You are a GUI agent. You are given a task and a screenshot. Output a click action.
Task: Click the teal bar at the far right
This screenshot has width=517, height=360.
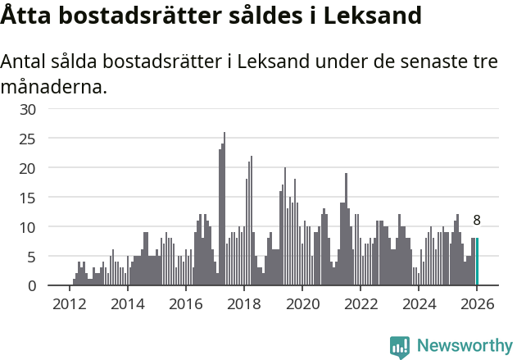(478, 262)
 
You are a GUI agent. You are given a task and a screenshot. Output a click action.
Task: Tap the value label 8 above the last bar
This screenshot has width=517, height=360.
(477, 220)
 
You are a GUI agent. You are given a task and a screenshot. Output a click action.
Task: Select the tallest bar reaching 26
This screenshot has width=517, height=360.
(224, 209)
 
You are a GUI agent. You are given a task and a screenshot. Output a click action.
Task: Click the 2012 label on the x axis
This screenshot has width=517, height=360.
(69, 304)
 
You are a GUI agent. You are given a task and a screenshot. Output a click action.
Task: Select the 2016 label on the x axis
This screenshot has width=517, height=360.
(185, 304)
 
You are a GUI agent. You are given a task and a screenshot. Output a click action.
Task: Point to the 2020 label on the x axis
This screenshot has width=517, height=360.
(302, 304)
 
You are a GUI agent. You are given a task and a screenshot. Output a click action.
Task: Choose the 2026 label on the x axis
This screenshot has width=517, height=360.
(477, 304)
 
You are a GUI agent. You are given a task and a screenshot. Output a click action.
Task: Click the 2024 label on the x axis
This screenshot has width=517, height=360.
(419, 304)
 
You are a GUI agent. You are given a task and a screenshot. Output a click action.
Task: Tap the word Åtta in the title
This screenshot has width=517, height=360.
(26, 16)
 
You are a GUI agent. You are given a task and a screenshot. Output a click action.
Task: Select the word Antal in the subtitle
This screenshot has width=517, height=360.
(25, 62)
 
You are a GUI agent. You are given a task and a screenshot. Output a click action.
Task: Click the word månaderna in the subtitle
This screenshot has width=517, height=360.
(54, 86)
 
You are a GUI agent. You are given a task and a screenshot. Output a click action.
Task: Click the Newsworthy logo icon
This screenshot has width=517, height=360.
(400, 347)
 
